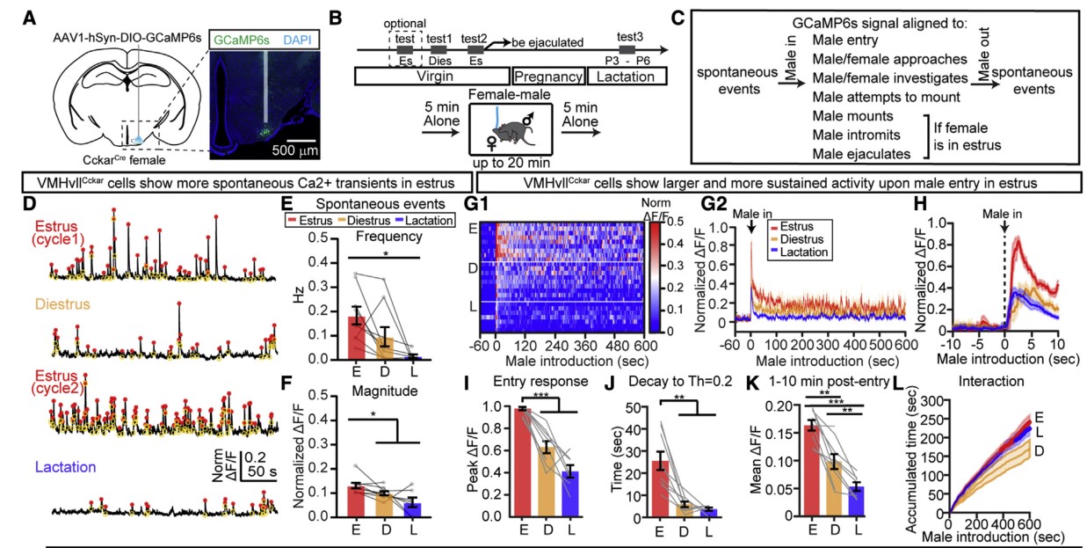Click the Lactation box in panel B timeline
626,77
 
